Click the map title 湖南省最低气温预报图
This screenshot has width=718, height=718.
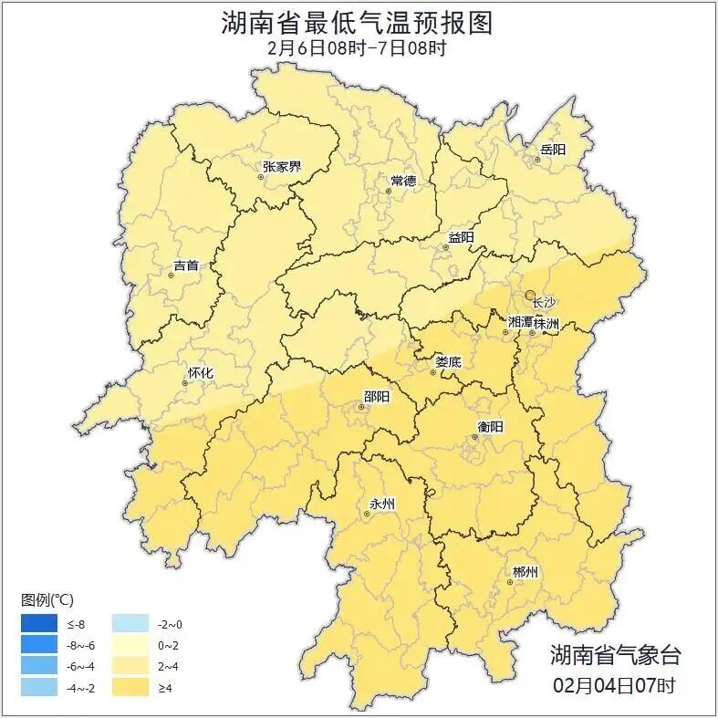(x=358, y=23)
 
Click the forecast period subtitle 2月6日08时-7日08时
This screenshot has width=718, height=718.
(x=358, y=48)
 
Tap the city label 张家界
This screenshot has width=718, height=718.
(x=281, y=167)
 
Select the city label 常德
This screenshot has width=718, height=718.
(x=403, y=181)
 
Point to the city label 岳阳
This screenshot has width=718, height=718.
(x=553, y=150)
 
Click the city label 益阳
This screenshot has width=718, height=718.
(x=461, y=237)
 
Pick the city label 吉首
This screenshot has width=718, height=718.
(x=185, y=266)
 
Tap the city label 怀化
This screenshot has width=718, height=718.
(x=200, y=373)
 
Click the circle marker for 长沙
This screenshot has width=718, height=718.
(x=530, y=295)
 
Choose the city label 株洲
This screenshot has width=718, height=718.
(x=546, y=323)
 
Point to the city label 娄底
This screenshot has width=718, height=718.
(x=448, y=362)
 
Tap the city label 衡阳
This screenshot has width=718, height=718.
(x=490, y=426)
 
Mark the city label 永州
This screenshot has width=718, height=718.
(x=381, y=504)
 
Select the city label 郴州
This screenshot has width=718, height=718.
(x=525, y=572)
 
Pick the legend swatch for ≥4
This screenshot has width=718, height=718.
(x=130, y=687)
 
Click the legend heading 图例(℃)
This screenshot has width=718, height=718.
(x=47, y=599)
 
